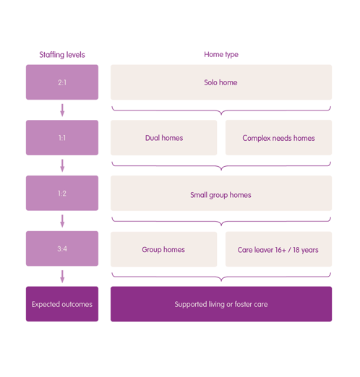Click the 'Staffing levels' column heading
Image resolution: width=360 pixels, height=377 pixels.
point(62,55)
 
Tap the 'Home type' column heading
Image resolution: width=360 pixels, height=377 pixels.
point(221,54)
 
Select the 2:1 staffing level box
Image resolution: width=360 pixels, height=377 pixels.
point(62,82)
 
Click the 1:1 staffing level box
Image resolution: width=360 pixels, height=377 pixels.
point(62,137)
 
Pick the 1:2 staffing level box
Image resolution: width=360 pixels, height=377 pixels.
point(62,193)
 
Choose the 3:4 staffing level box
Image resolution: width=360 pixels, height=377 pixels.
point(62,248)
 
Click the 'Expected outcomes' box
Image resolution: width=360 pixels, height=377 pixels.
point(62,304)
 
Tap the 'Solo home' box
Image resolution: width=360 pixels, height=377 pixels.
point(221,82)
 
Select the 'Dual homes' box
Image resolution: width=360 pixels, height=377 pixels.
point(164,137)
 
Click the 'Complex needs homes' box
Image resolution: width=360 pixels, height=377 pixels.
point(278,137)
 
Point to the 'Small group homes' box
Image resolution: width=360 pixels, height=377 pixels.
point(221,193)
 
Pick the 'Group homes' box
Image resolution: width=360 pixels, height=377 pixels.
point(164,249)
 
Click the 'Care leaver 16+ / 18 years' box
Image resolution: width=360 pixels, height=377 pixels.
point(278,249)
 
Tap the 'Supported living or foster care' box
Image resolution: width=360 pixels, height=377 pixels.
point(221,304)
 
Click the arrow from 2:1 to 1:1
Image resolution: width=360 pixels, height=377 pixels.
point(62,110)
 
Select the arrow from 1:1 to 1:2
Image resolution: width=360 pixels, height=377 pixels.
point(62,165)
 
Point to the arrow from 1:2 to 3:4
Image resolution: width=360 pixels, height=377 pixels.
point(62,221)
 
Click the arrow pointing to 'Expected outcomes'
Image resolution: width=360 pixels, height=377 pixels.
point(62,277)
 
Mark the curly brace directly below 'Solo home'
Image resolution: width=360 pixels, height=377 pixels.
point(221,112)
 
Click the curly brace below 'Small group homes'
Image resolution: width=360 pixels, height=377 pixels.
point(221,223)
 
